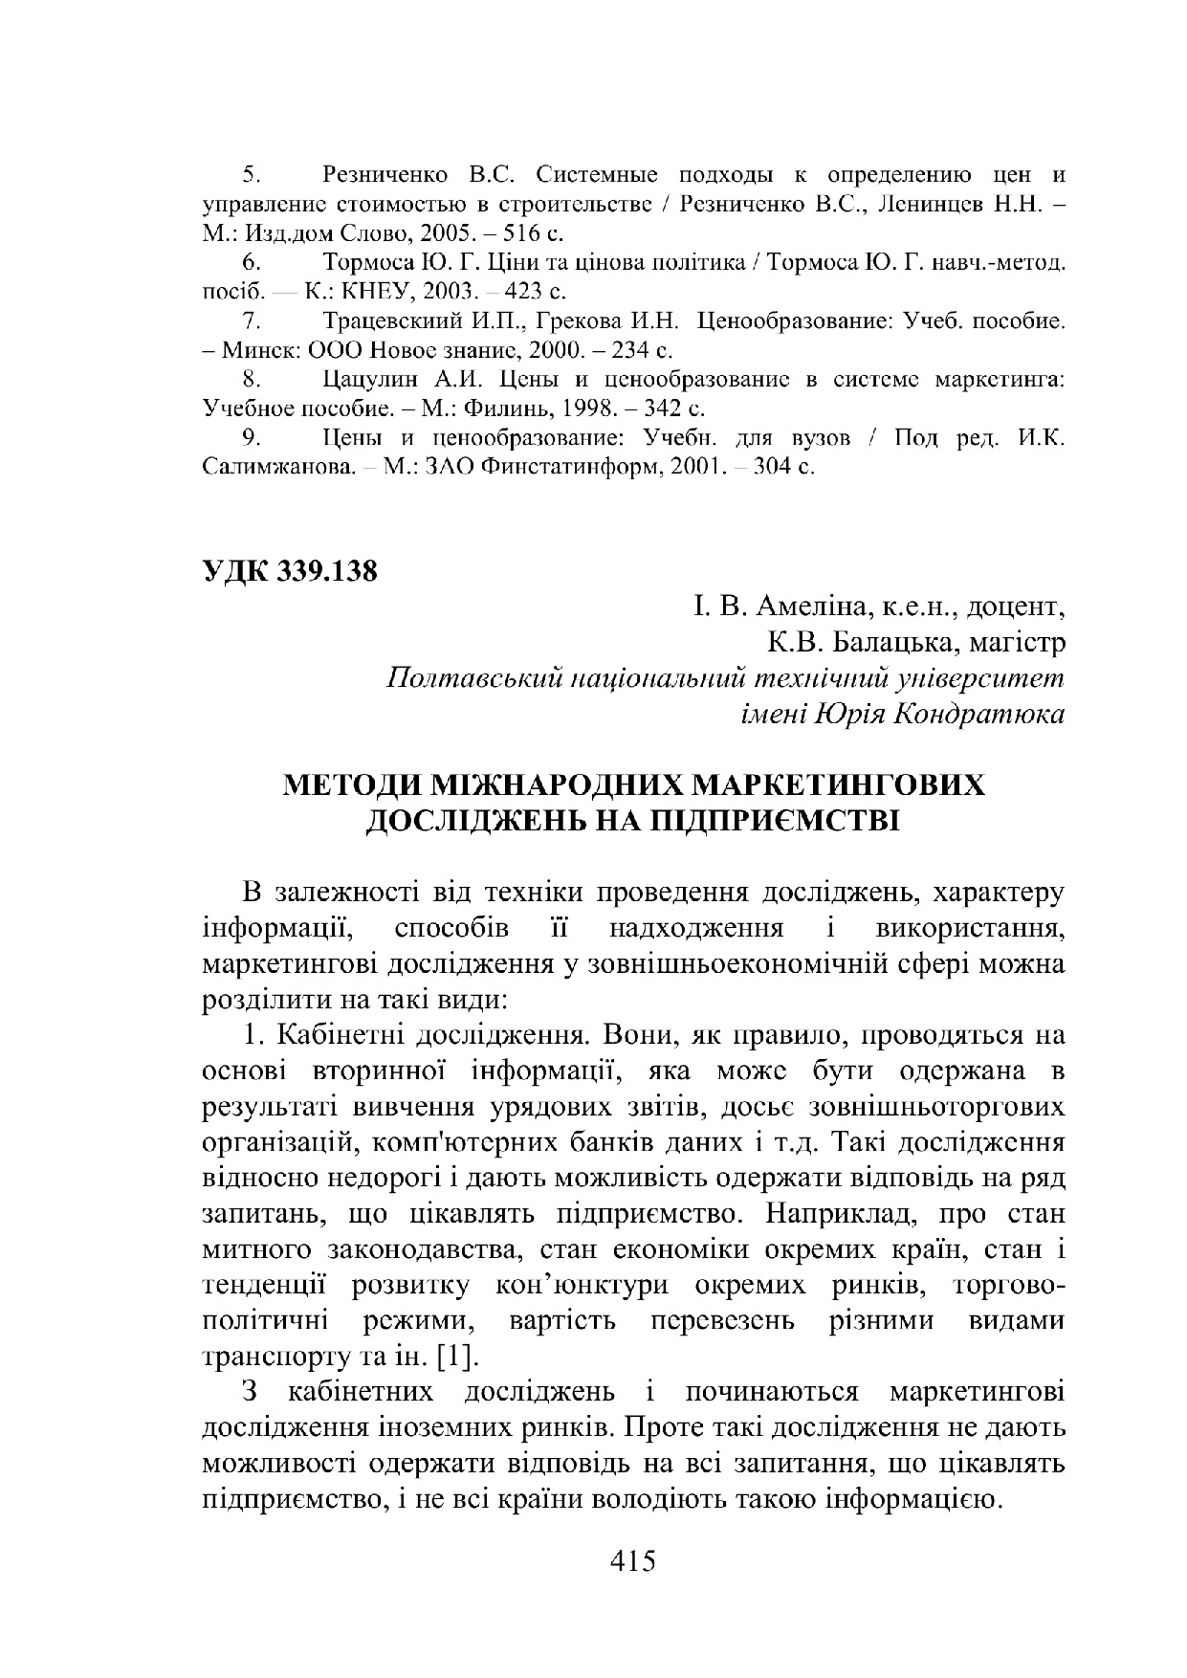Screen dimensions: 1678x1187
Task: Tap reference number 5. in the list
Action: [252, 175]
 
